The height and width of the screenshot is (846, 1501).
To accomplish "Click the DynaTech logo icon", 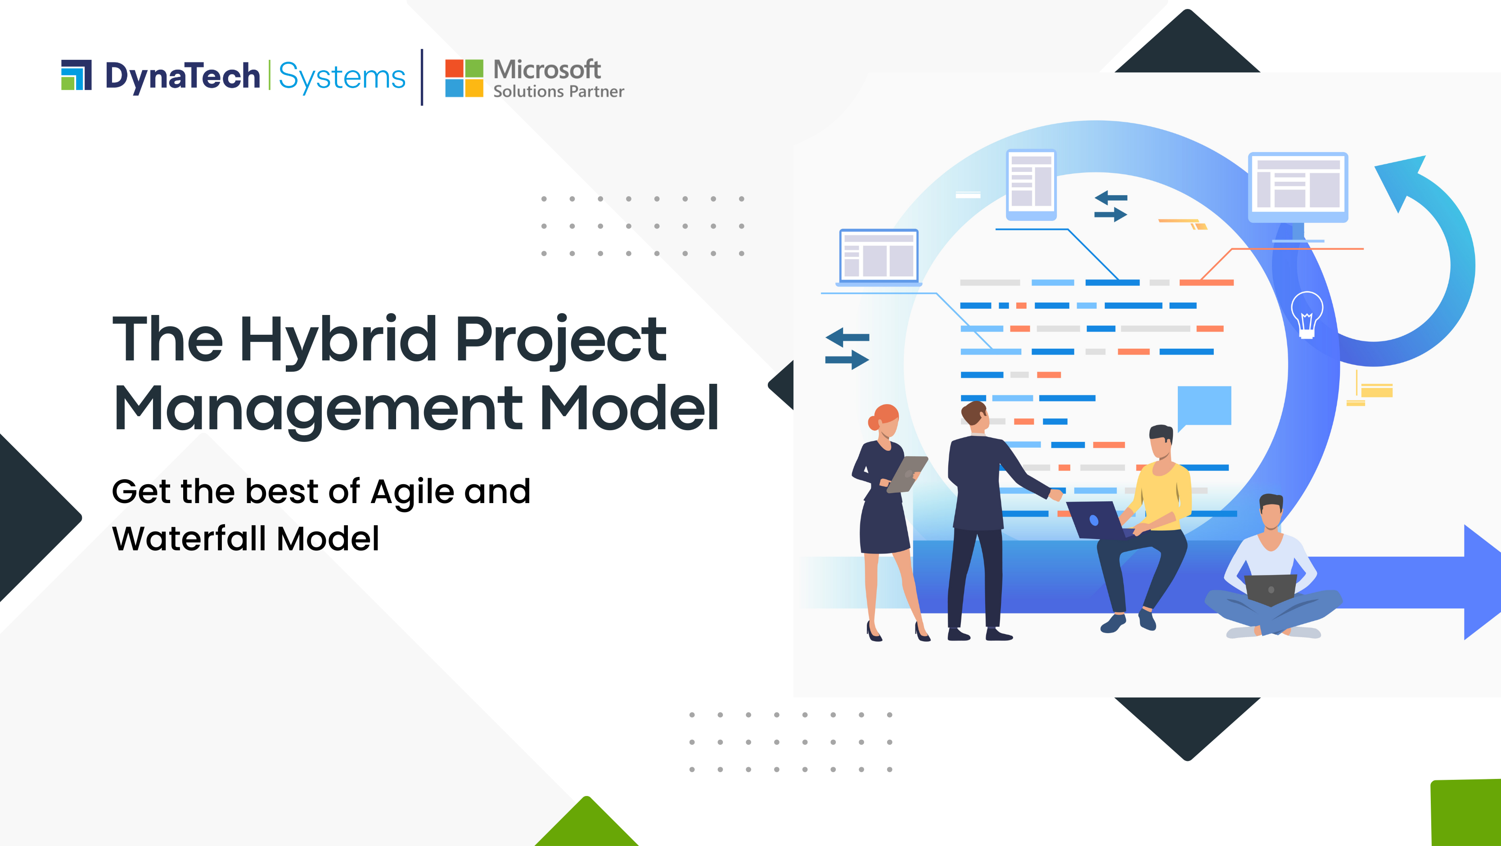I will [77, 75].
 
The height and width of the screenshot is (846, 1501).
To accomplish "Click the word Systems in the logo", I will [342, 77].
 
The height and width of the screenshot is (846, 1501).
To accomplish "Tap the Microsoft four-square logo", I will [464, 78].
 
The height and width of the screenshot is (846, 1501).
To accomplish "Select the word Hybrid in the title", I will [338, 340].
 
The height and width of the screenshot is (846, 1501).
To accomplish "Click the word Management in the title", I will [318, 409].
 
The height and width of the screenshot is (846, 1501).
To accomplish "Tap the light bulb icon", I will [1307, 315].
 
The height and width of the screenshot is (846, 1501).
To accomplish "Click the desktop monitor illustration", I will [1298, 188].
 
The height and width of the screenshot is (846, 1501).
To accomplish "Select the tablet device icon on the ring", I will [1031, 184].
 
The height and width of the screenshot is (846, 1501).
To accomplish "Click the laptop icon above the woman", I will [879, 257].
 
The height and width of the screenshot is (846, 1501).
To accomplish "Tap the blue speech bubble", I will [1204, 406].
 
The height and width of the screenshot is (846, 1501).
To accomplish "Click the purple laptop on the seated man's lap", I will [1096, 520].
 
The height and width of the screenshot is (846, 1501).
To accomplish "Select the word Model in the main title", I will [629, 409].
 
